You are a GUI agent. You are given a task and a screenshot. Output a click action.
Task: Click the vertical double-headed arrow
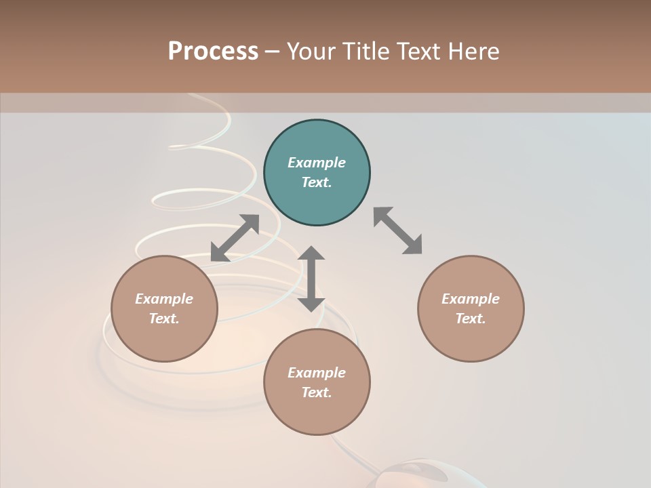tap(311, 279)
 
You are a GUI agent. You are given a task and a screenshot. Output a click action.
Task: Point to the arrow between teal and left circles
tap(235, 238)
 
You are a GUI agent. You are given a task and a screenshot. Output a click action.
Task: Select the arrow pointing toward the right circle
tap(398, 230)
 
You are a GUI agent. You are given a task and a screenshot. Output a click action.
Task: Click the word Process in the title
tap(213, 51)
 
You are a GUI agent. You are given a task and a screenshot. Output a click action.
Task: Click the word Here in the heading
tap(474, 51)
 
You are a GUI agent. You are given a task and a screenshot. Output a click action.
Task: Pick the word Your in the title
tap(309, 51)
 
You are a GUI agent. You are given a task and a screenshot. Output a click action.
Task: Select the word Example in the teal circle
tap(317, 163)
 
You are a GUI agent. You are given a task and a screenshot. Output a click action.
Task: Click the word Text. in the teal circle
tap(317, 182)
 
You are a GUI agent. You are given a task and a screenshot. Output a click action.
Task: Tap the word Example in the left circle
tap(164, 299)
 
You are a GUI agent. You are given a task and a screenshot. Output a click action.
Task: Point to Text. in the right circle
tap(471, 319)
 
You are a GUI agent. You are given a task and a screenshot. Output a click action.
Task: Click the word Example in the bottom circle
tap(317, 373)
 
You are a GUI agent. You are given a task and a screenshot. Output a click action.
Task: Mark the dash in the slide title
tap(272, 52)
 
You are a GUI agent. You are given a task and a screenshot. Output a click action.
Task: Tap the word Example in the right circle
tap(471, 299)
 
